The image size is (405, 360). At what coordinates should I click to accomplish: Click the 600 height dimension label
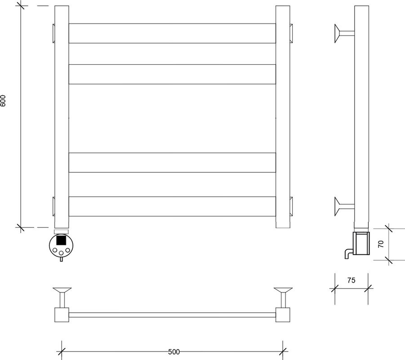[3, 101]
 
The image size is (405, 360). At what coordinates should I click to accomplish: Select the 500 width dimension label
[174, 352]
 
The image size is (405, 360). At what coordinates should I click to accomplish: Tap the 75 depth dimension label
[351, 280]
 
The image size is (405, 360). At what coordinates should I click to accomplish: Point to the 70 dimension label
[381, 244]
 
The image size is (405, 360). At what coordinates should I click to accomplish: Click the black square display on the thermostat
[61, 240]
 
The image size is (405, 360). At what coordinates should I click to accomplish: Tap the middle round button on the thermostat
[61, 253]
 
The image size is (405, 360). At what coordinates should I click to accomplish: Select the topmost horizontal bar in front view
[172, 33]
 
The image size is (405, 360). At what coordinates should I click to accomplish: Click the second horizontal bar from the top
[172, 74]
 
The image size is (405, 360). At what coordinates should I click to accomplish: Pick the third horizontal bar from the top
[172, 162]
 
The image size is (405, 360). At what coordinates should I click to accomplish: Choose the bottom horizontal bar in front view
[172, 207]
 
